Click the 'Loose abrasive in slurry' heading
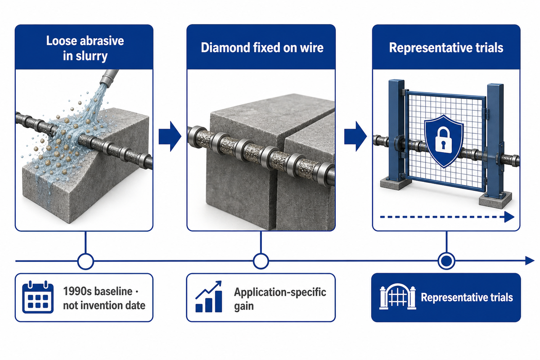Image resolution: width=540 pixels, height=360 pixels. pos(85,48)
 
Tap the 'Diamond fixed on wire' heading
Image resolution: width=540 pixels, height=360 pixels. pos(262,48)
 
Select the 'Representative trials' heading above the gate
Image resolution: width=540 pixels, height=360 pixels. pos(446,48)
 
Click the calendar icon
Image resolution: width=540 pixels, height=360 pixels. pos(38,297)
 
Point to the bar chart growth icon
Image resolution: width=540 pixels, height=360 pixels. pos(208,297)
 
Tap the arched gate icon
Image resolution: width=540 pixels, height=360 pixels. pos(397,297)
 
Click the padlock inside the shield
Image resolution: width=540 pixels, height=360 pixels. pos(443,140)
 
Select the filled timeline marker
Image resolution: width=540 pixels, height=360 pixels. pos(446,261)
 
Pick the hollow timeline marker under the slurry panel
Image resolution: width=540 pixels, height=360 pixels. pos(85,261)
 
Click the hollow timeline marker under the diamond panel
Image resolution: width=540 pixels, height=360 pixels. pos(261,261)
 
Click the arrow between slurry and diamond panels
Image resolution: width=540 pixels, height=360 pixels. pos(170,136)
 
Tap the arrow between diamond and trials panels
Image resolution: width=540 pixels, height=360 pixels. pos(355,136)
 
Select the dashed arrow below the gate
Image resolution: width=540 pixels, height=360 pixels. pos(447,217)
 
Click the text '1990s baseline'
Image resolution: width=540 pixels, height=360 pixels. pos(98,291)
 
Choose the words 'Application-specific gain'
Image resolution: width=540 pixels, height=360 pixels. pos(280,299)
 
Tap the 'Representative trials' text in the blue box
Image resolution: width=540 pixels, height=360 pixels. pos(467,297)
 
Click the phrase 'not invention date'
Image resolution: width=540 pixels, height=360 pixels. pos(104,306)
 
